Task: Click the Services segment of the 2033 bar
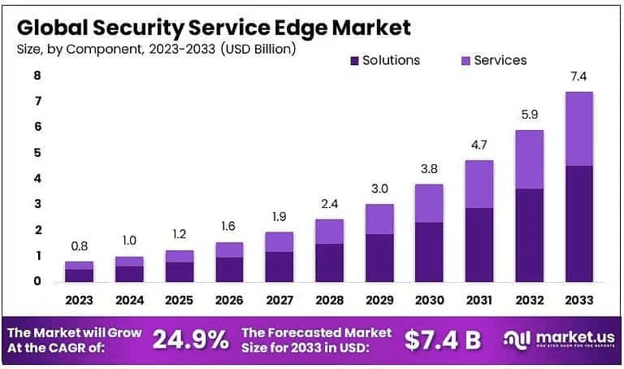(x=579, y=128)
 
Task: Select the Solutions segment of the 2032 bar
(x=528, y=235)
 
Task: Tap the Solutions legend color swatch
(x=353, y=60)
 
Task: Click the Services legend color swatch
(x=465, y=60)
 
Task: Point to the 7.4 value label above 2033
(x=579, y=77)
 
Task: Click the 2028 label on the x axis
(x=329, y=301)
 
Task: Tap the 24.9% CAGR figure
(x=192, y=340)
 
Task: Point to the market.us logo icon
(x=516, y=339)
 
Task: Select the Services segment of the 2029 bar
(x=379, y=219)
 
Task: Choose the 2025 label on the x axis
(x=180, y=301)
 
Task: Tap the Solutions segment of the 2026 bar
(x=229, y=269)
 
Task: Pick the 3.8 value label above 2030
(x=429, y=170)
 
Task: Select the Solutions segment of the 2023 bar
(x=80, y=275)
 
